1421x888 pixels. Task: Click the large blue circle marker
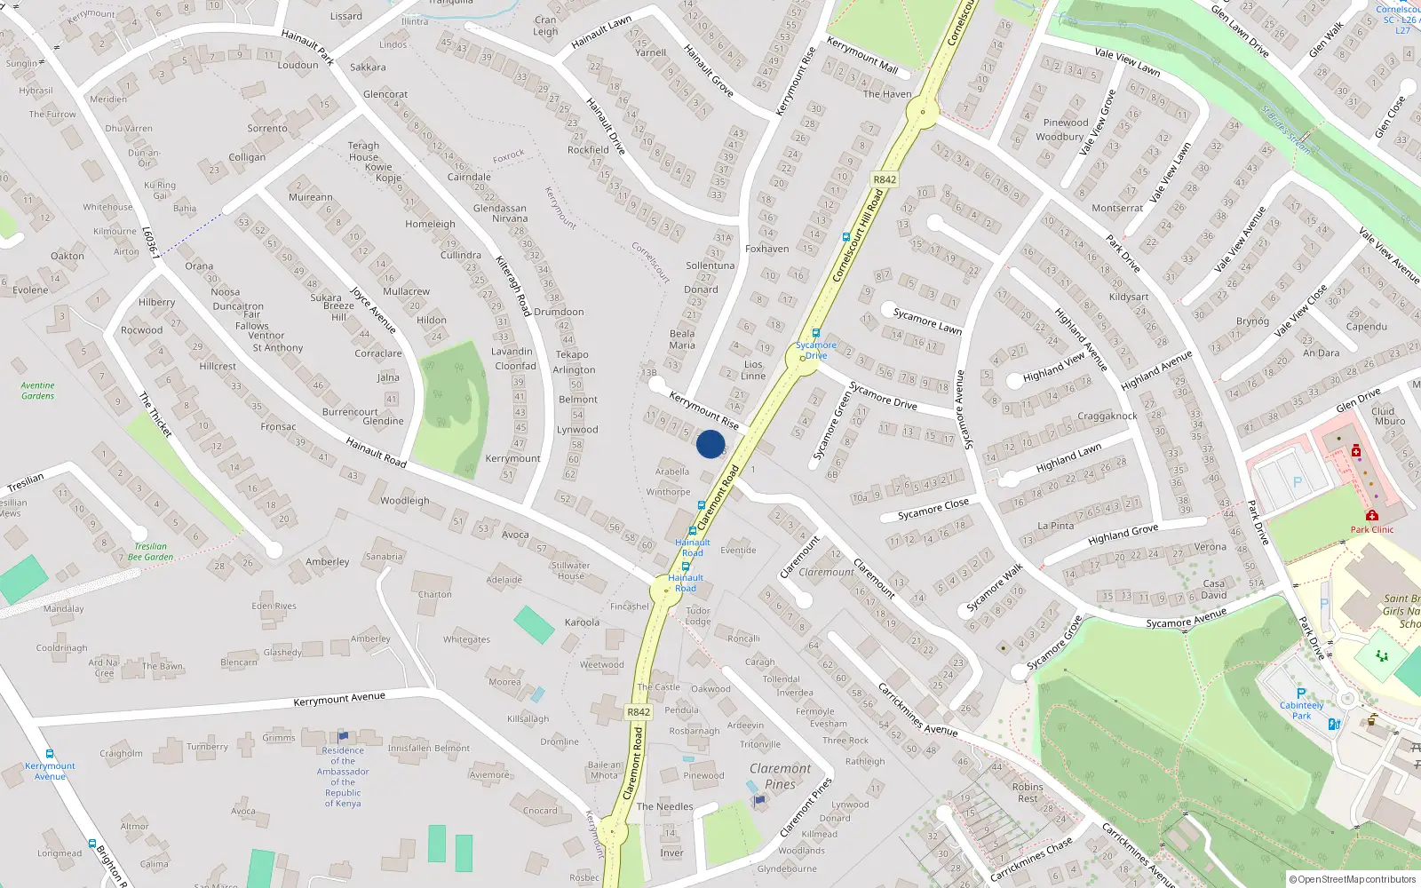tap(710, 444)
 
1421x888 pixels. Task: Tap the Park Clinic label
tap(1372, 530)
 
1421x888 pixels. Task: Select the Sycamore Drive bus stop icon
tap(815, 334)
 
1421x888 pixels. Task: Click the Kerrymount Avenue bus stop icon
tap(50, 754)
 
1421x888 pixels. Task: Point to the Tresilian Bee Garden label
tap(151, 552)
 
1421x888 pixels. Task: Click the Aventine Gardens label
tap(38, 391)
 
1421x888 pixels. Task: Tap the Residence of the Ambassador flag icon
tap(343, 736)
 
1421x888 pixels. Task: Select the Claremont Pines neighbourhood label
tap(780, 776)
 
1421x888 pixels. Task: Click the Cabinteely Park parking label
tap(1301, 710)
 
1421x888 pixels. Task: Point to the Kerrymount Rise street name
tap(703, 409)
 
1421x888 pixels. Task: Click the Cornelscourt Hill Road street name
tap(858, 236)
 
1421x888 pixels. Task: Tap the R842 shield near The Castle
tap(639, 712)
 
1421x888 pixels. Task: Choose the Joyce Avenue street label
tap(373, 310)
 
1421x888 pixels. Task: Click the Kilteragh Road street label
tap(513, 286)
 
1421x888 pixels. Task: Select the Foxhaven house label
tap(766, 250)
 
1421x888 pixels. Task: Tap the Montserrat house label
tap(1117, 208)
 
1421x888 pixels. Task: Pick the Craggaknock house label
tap(1107, 416)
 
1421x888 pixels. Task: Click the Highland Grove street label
tap(1123, 534)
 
